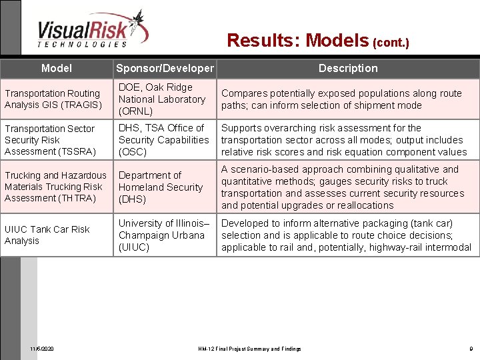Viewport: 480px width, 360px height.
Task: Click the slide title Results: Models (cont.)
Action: point(317,41)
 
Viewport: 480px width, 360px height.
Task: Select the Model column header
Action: point(57,68)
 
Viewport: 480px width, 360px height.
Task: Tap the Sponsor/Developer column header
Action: point(165,69)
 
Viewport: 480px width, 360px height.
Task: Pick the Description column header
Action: point(347,68)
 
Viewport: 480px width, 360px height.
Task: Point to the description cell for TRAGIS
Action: point(341,99)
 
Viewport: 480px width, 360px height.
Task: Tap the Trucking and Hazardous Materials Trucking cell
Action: point(55,187)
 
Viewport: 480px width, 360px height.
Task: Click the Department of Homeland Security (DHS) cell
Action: point(160,187)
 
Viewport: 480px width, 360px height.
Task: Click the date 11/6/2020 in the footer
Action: point(43,349)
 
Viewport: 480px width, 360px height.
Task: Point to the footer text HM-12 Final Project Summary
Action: point(249,349)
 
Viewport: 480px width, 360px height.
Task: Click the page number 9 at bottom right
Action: point(470,349)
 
